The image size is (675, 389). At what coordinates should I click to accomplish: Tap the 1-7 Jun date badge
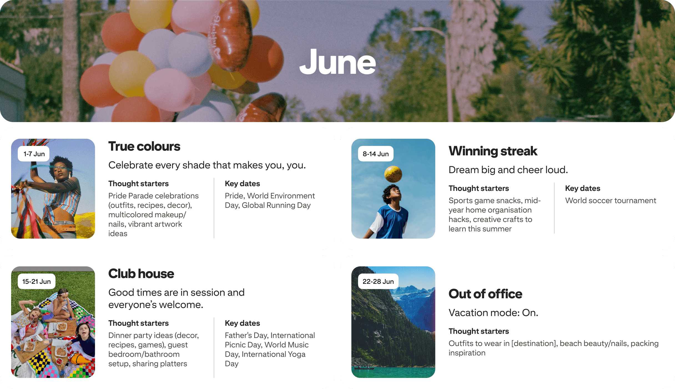pyautogui.click(x=34, y=154)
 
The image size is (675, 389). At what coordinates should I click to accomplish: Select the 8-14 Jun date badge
pyautogui.click(x=376, y=154)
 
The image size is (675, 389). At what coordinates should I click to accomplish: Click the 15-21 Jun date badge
pyautogui.click(x=36, y=282)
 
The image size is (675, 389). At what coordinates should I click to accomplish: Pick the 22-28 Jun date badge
pyautogui.click(x=378, y=282)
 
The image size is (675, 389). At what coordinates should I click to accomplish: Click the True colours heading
pyautogui.click(x=144, y=146)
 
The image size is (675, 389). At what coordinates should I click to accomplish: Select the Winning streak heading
pyautogui.click(x=493, y=151)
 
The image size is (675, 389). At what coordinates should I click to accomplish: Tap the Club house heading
pyautogui.click(x=141, y=274)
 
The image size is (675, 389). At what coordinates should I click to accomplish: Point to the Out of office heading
pyautogui.click(x=485, y=294)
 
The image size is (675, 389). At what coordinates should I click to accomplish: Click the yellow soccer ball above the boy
pyautogui.click(x=393, y=174)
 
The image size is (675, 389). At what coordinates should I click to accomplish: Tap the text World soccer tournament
pyautogui.click(x=611, y=201)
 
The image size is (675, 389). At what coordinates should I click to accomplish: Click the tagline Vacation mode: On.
pyautogui.click(x=493, y=313)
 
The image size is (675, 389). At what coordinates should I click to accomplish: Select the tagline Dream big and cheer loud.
pyautogui.click(x=508, y=170)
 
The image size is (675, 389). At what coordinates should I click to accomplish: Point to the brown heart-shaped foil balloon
pyautogui.click(x=233, y=36)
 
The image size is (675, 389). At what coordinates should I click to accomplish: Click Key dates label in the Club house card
pyautogui.click(x=242, y=323)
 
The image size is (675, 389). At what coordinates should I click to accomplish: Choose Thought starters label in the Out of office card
pyautogui.click(x=479, y=331)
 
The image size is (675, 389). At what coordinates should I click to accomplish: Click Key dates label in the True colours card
pyautogui.click(x=242, y=184)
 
